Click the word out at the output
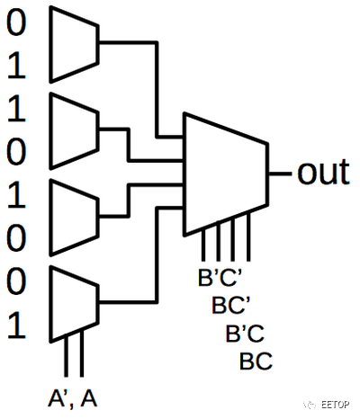pyautogui.click(x=323, y=172)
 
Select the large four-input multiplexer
pyautogui.click(x=226, y=174)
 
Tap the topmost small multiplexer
pyautogui.click(x=74, y=44)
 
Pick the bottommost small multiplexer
pyautogui.click(x=74, y=304)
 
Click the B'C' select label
pyautogui.click(x=220, y=277)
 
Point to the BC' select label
pyautogui.click(x=231, y=305)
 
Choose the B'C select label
pyautogui.click(x=245, y=333)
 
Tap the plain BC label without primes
pyautogui.click(x=256, y=361)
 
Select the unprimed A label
pyautogui.click(x=89, y=398)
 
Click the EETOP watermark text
pyautogui.click(x=335, y=405)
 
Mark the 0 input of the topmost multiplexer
pyautogui.click(x=16, y=23)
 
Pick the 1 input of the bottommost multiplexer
pyautogui.click(x=16, y=325)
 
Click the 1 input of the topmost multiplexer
pyautogui.click(x=16, y=67)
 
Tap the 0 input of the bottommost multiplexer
pyautogui.click(x=16, y=282)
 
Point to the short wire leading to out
pyautogui.click(x=280, y=174)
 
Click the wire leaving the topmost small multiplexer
pyautogui.click(x=157, y=90)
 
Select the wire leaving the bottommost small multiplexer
pyautogui.click(x=157, y=254)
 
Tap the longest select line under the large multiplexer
pyautogui.click(x=248, y=236)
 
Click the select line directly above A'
pyautogui.click(x=66, y=357)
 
